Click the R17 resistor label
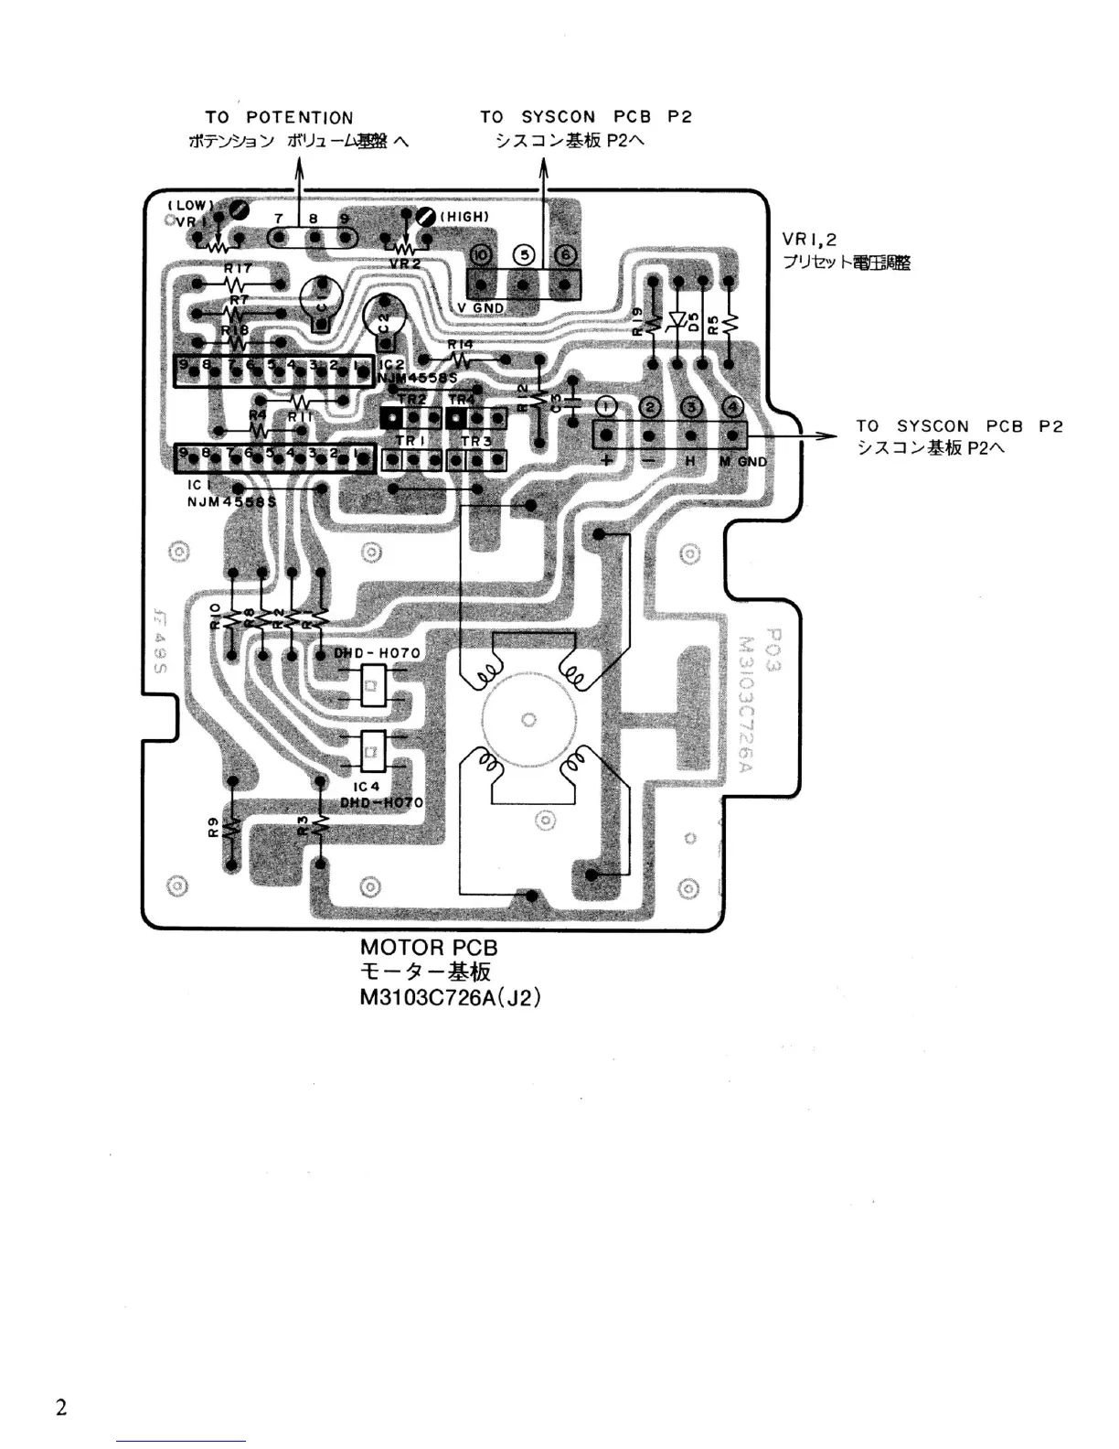[x=238, y=269]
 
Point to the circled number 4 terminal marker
[x=733, y=407]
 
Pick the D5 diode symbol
[x=677, y=320]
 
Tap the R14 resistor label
[x=461, y=345]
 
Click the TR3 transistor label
[x=476, y=441]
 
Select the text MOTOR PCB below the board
[x=429, y=948]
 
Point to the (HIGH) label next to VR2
[x=464, y=217]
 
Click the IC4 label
[x=366, y=787]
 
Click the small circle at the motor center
[x=528, y=720]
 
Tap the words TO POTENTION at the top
[x=279, y=118]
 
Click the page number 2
[x=61, y=1407]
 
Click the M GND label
[x=742, y=462]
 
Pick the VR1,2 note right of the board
[x=809, y=240]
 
